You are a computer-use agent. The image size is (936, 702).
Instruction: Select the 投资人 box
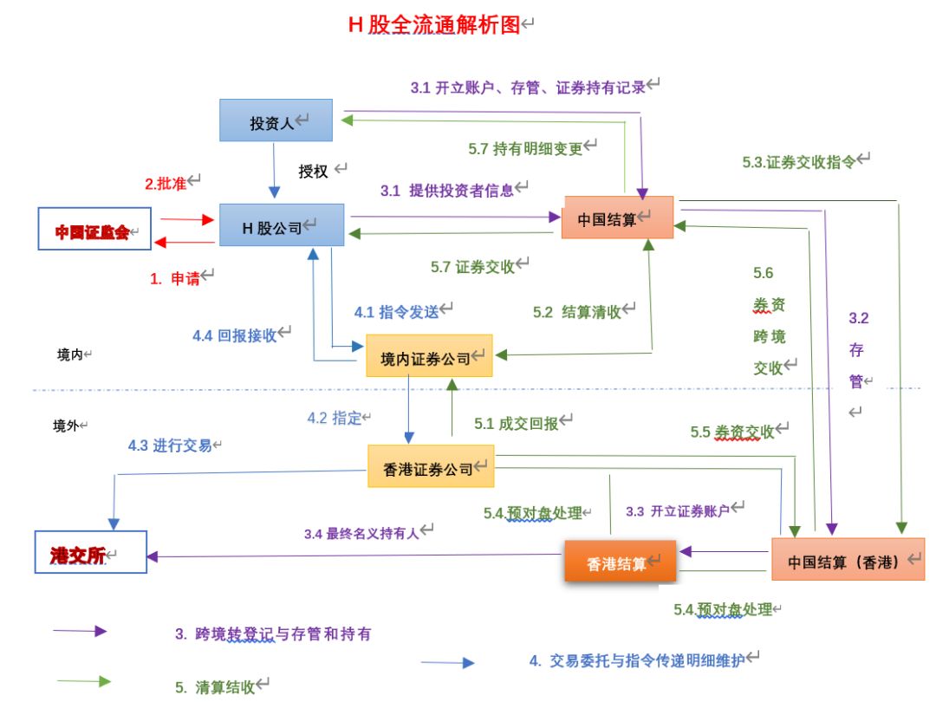[276, 122]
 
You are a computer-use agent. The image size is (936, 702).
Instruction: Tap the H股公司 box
[281, 227]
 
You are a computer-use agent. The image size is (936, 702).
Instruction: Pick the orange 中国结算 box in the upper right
[616, 218]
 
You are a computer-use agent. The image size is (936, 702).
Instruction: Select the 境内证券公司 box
[429, 356]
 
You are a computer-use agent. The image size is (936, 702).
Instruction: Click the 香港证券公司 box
[431, 467]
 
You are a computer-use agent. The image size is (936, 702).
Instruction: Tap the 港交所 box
[88, 556]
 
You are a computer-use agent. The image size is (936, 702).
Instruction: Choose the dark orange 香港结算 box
[620, 562]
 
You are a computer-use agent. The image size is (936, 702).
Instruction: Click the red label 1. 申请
[179, 278]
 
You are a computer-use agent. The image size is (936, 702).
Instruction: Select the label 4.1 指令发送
[401, 310]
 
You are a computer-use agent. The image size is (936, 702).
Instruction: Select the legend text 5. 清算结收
[219, 686]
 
